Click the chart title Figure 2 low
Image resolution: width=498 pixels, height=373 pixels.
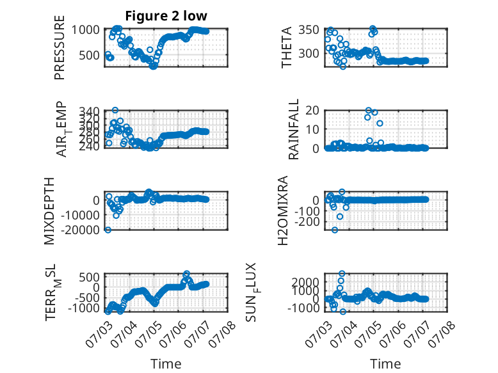166,15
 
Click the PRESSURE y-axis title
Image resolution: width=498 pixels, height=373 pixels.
60,47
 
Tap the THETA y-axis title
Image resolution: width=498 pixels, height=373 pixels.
286,47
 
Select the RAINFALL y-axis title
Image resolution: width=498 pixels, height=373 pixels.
293,129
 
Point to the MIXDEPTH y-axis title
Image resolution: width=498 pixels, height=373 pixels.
49,211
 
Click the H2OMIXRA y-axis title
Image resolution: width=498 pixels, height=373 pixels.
282,210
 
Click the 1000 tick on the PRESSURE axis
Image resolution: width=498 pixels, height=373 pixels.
85,30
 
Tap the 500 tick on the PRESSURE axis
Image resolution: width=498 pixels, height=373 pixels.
89,55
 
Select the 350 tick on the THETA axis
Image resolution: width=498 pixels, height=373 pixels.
309,30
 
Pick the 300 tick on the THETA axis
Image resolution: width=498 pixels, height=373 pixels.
309,53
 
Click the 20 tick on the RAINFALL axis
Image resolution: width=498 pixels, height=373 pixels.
312,111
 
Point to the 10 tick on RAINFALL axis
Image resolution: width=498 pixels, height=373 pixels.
312,129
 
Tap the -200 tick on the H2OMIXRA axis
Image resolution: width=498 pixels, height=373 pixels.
307,222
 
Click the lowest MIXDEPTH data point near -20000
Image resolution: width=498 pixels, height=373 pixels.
108,230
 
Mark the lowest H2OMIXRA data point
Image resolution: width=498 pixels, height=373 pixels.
334,230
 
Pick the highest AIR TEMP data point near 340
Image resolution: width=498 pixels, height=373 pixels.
115,110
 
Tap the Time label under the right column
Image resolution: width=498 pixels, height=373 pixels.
385,363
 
